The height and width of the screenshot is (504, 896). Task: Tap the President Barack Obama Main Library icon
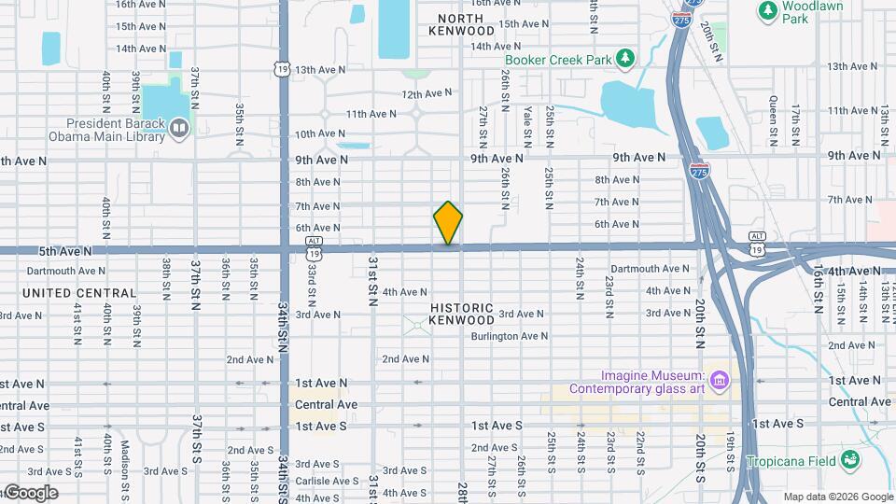(179, 126)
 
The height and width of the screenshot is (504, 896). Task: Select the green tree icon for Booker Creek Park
(624, 60)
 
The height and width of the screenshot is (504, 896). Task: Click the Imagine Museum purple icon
(719, 381)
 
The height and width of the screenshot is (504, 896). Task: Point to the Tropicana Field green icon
(850, 459)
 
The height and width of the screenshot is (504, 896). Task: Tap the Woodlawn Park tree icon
(767, 10)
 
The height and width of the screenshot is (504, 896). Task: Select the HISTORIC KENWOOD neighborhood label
(461, 314)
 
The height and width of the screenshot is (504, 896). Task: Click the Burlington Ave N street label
(509, 336)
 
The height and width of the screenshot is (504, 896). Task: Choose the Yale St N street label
(527, 126)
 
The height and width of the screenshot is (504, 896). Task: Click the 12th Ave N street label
(427, 93)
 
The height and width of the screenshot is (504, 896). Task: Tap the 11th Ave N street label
(371, 114)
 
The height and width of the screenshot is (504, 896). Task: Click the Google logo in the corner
(30, 493)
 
